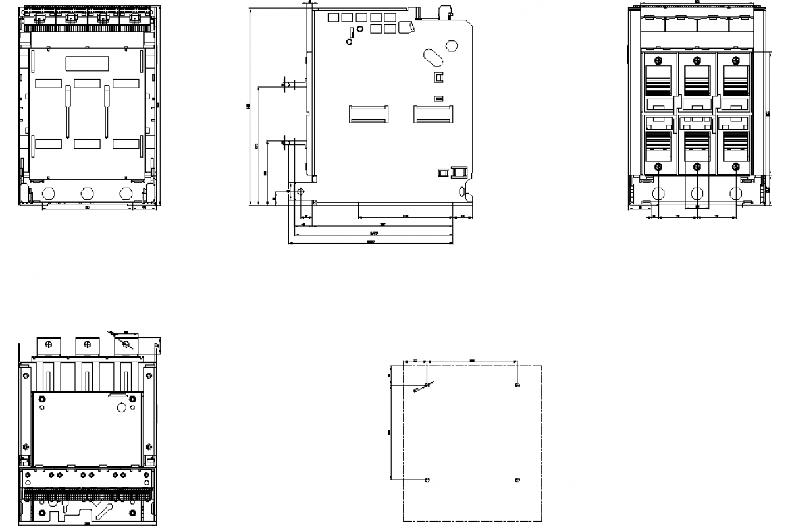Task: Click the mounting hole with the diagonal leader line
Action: (427, 385)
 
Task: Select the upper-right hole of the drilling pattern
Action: (518, 385)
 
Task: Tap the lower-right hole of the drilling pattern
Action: (518, 480)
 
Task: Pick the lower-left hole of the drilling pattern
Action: (427, 480)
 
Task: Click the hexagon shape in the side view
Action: (452, 45)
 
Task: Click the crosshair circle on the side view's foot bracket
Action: (301, 192)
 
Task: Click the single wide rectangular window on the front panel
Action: (87, 64)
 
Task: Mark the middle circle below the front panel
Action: (87, 194)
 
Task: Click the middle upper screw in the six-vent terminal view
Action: (697, 59)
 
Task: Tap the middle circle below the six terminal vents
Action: (697, 194)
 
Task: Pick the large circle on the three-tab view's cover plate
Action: (122, 407)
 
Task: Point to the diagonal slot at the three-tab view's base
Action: (103, 511)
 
